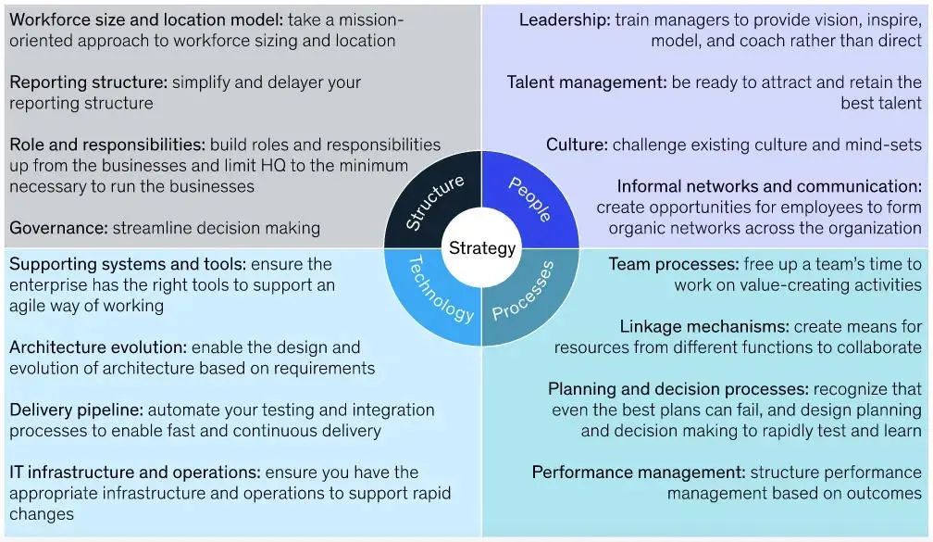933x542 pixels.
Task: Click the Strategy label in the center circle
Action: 481,248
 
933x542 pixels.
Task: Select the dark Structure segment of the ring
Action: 433,202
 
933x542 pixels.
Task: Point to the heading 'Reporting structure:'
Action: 89,82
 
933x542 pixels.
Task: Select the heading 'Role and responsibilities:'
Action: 107,145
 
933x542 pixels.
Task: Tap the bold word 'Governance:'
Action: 58,228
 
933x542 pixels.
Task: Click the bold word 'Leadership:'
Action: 564,19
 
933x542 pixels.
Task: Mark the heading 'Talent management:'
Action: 586,82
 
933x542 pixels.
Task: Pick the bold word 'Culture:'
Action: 577,145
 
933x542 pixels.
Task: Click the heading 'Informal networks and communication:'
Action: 769,186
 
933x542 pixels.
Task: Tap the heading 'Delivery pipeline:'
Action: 76,410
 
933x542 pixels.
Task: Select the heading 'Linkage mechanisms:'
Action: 704,326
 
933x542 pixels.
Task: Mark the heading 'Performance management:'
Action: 639,473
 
